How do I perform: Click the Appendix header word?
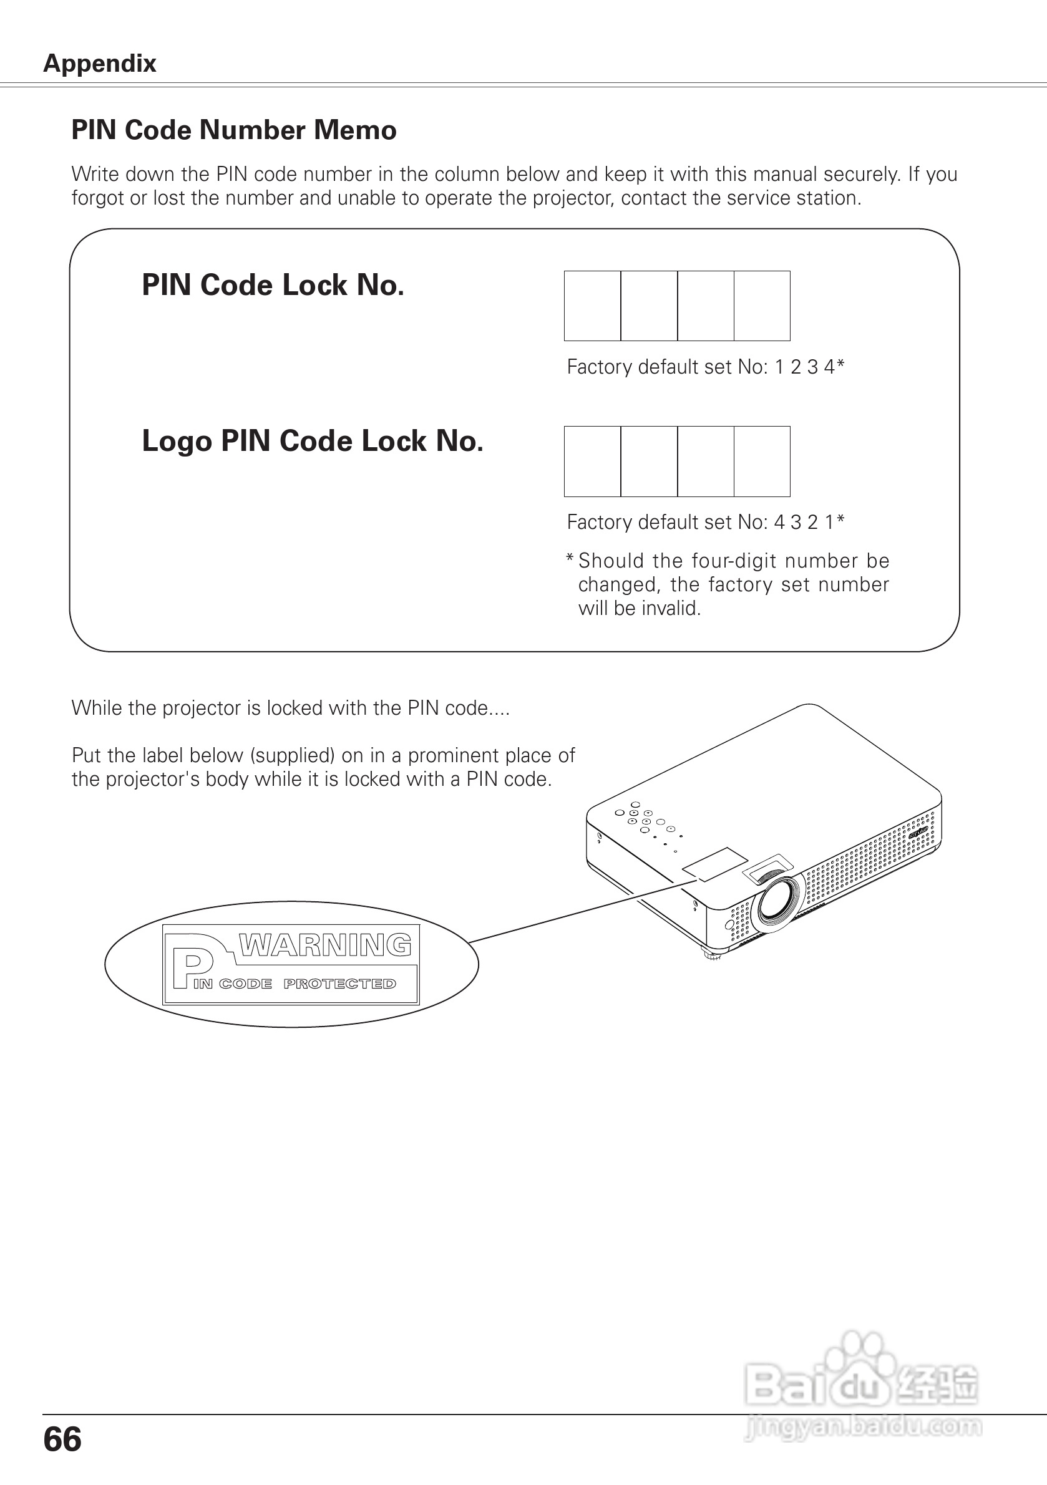pyautogui.click(x=100, y=64)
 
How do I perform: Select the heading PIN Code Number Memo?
pyautogui.click(x=233, y=130)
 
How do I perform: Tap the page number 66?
pyautogui.click(x=62, y=1439)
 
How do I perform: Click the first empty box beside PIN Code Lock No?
pyautogui.click(x=592, y=306)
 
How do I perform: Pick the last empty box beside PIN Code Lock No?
pyautogui.click(x=762, y=306)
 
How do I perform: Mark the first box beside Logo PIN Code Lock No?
pyautogui.click(x=592, y=461)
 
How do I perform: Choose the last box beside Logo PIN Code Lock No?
pyautogui.click(x=762, y=461)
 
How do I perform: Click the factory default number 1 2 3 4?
pyautogui.click(x=805, y=367)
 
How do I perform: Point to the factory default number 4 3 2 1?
pyautogui.click(x=805, y=522)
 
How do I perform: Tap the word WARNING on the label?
pyautogui.click(x=325, y=946)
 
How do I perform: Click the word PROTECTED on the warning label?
pyautogui.click(x=339, y=984)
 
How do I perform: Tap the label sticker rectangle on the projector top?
pyautogui.click(x=716, y=863)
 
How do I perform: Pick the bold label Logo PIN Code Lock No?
pyautogui.click(x=313, y=441)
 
